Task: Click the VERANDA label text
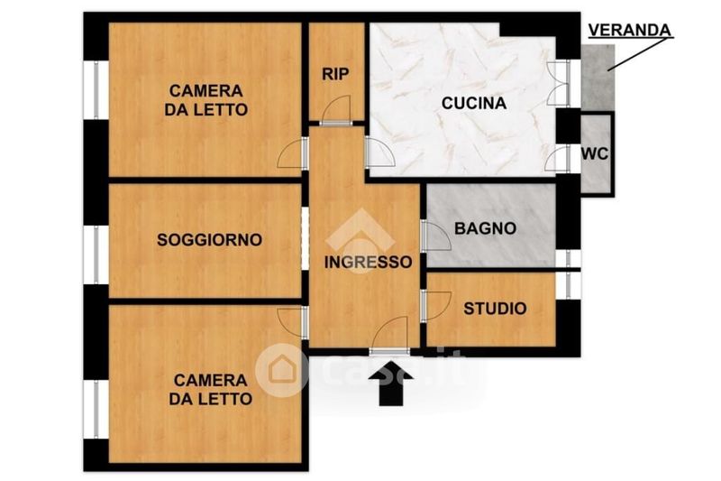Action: pyautogui.click(x=629, y=31)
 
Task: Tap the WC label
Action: pyautogui.click(x=595, y=153)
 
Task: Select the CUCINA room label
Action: pyautogui.click(x=474, y=103)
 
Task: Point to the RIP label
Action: pyautogui.click(x=335, y=74)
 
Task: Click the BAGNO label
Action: pyautogui.click(x=485, y=228)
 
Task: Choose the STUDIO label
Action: pyautogui.click(x=495, y=309)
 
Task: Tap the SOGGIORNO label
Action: pyautogui.click(x=210, y=240)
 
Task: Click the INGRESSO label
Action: pyautogui.click(x=369, y=262)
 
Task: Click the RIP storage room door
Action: pyautogui.click(x=335, y=110)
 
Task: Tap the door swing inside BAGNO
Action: pyautogui.click(x=435, y=236)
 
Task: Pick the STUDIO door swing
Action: pyautogui.click(x=435, y=306)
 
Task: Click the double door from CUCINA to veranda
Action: pyautogui.click(x=559, y=83)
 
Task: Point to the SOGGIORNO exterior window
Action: pyautogui.click(x=96, y=254)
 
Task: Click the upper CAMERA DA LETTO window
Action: pyautogui.click(x=96, y=90)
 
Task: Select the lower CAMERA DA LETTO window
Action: pyautogui.click(x=96, y=409)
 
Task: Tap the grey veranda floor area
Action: pyautogui.click(x=598, y=78)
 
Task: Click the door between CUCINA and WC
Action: pyautogui.click(x=558, y=159)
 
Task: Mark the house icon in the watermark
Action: pyautogui.click(x=282, y=370)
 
